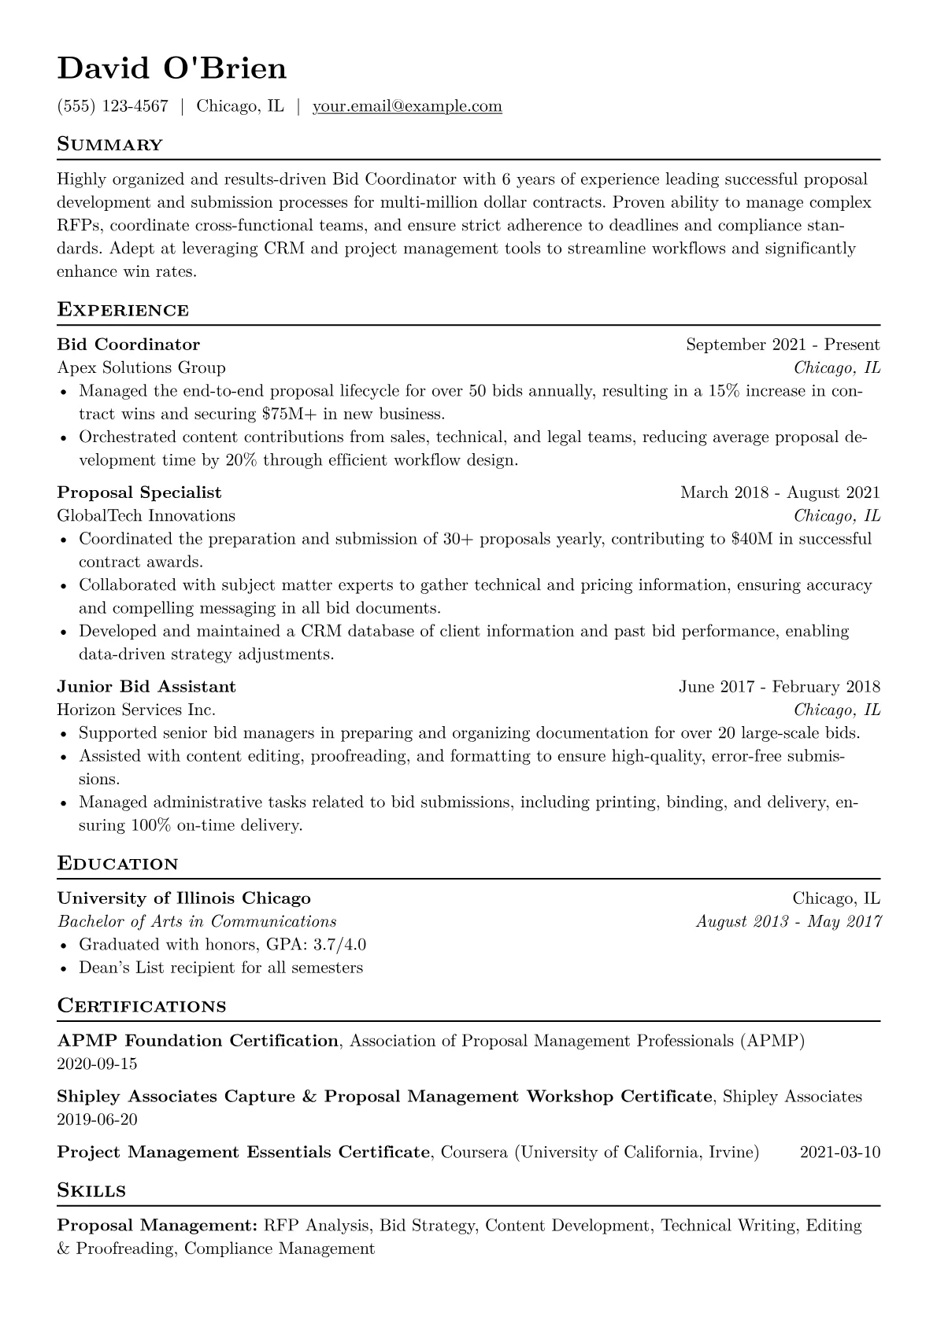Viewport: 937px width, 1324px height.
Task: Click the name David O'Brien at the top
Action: (x=172, y=69)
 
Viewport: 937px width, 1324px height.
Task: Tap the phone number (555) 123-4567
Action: (x=113, y=106)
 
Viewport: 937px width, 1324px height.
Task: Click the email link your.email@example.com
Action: (x=407, y=106)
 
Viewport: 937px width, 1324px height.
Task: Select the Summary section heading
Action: (x=110, y=145)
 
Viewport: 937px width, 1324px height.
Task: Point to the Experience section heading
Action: (x=123, y=310)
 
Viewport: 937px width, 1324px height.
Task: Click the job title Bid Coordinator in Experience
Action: (x=128, y=345)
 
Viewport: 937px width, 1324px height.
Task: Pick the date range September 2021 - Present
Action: (x=783, y=345)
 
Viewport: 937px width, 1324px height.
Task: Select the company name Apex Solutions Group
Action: (x=142, y=367)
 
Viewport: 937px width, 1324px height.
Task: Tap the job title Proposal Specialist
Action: (x=139, y=492)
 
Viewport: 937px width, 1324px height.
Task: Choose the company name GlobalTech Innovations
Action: (x=146, y=516)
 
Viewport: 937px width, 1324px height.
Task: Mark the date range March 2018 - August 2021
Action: (x=780, y=492)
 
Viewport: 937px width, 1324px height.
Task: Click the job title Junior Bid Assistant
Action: (x=146, y=687)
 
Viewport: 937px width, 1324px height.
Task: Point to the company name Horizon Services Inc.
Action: (x=136, y=710)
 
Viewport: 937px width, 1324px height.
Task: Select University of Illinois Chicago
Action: (x=184, y=898)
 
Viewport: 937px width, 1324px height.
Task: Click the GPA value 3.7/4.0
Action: (x=339, y=945)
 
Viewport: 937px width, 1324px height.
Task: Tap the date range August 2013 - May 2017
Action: (x=788, y=921)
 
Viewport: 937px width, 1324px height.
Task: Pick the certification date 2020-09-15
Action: (x=98, y=1064)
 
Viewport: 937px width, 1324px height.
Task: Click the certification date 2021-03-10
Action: (x=839, y=1153)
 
